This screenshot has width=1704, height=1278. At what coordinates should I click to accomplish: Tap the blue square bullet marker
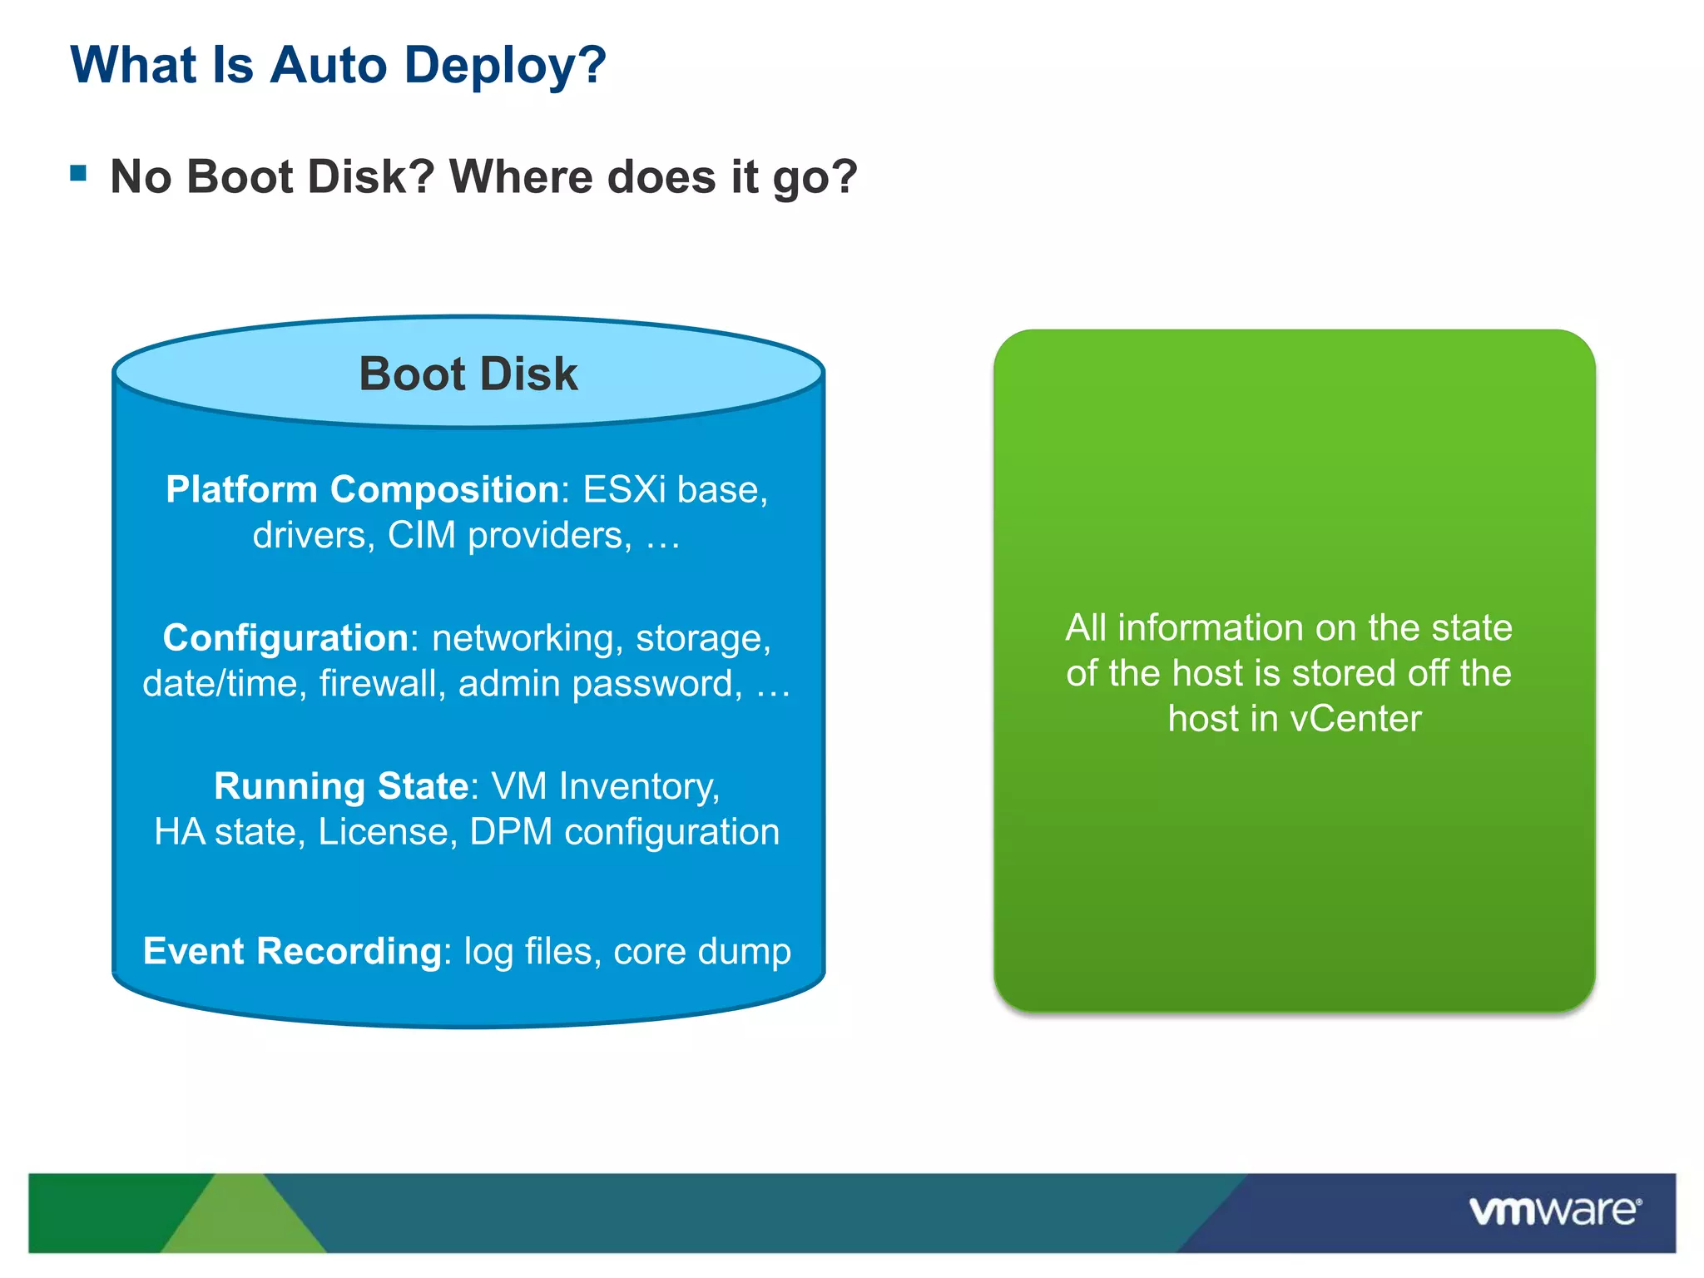click(x=79, y=173)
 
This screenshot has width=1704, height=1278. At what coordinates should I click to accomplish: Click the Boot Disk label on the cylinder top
click(x=468, y=374)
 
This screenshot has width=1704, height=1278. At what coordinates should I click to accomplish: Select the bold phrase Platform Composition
click(x=362, y=489)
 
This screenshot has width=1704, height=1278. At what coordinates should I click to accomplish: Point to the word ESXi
click(x=624, y=489)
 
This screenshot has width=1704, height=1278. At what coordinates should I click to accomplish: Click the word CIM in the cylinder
click(x=422, y=535)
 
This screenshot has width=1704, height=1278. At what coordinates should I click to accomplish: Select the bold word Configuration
click(x=285, y=638)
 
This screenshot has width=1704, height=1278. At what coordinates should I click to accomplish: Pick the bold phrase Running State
click(x=341, y=786)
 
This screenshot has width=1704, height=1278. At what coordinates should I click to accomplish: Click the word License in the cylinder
click(x=387, y=832)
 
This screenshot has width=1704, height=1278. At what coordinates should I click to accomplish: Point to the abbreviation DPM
click(x=511, y=832)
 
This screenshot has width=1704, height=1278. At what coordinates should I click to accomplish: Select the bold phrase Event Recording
click(x=292, y=951)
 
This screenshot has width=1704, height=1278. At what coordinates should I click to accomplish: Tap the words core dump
click(x=701, y=951)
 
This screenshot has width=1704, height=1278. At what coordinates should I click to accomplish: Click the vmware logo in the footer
click(x=1554, y=1211)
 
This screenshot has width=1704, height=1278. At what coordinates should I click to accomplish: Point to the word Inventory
click(x=639, y=786)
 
